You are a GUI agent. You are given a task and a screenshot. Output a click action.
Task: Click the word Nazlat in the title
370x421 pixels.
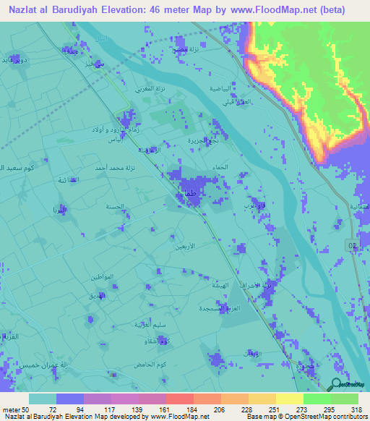click(x=27, y=9)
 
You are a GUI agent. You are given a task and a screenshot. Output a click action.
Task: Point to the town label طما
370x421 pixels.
click(x=190, y=194)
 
